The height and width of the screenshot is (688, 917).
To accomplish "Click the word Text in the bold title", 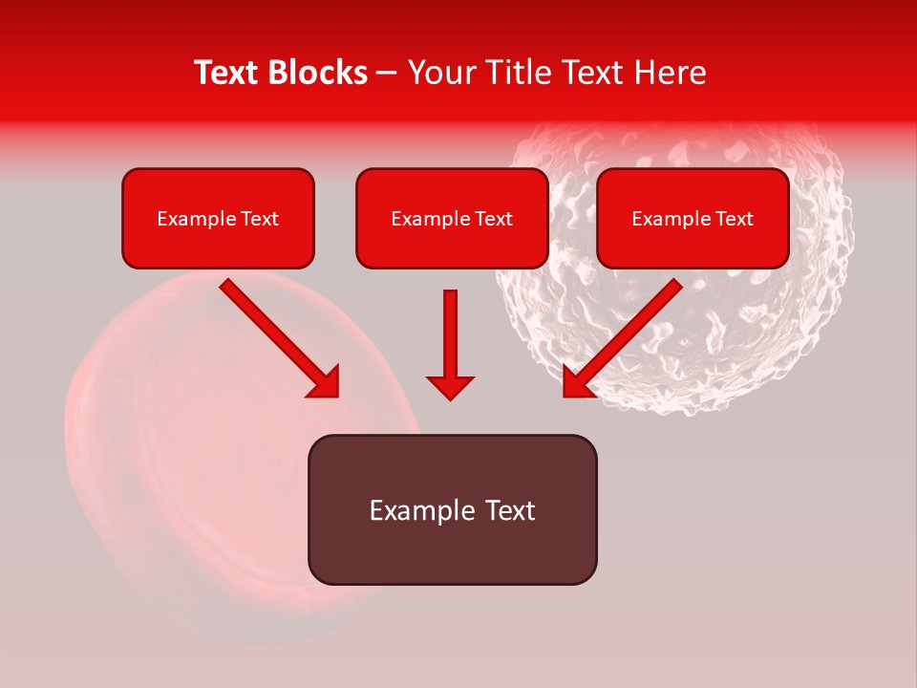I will (x=226, y=73).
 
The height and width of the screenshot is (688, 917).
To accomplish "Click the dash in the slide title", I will (x=387, y=74).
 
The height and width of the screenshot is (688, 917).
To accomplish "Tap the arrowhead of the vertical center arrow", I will (x=450, y=387).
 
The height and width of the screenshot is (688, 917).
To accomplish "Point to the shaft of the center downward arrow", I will (x=450, y=330).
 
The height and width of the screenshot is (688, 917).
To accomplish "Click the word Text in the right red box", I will (x=734, y=219).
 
